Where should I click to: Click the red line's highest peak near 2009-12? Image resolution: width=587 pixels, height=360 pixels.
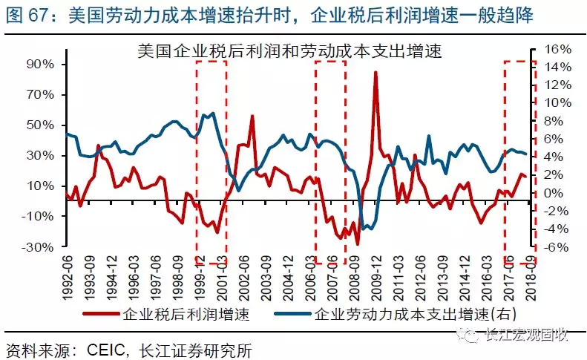click(x=376, y=73)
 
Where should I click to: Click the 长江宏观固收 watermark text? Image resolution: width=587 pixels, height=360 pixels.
click(x=525, y=335)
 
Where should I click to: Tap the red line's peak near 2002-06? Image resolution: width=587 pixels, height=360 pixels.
click(x=252, y=117)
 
